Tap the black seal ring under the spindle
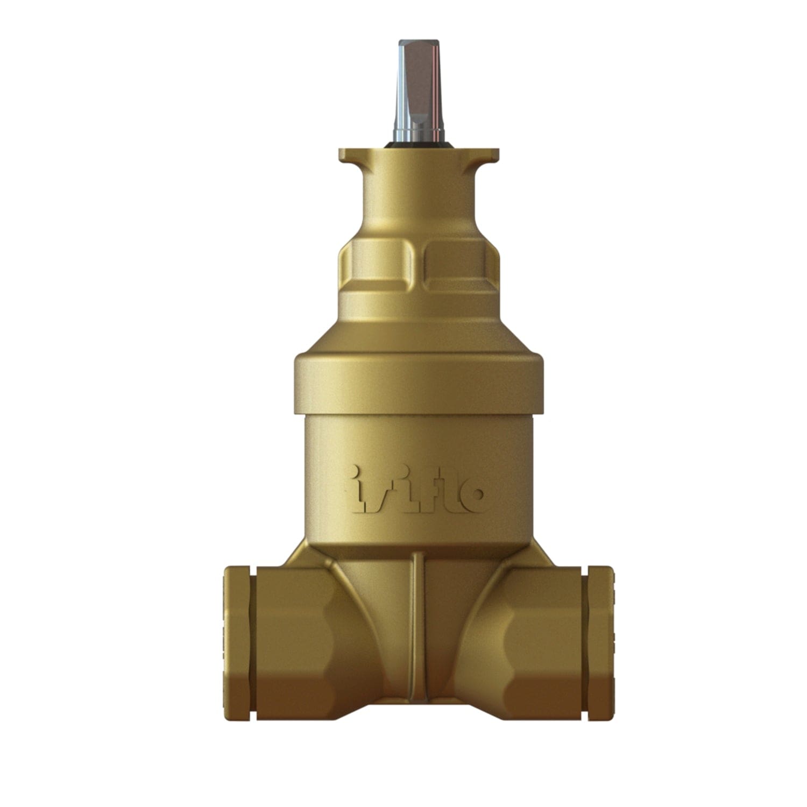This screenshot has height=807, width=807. click(x=419, y=145)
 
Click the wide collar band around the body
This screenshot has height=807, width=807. click(x=419, y=382)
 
